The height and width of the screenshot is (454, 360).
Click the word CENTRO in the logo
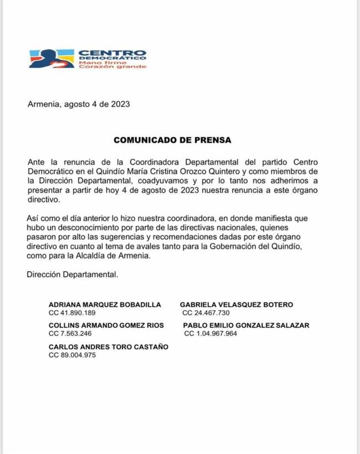click(x=112, y=53)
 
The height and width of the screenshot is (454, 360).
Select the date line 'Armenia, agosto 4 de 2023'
click(x=79, y=104)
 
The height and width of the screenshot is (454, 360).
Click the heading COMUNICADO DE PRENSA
click(x=172, y=140)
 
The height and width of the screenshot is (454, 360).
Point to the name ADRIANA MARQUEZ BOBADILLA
click(x=105, y=304)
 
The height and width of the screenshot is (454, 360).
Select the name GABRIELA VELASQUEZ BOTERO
click(x=236, y=304)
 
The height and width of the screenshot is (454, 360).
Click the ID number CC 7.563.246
click(x=70, y=334)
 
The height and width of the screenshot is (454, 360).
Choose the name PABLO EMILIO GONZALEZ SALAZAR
click(x=246, y=325)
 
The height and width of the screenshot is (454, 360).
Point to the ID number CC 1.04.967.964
click(x=210, y=334)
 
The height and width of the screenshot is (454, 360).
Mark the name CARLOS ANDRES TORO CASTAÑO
click(x=109, y=347)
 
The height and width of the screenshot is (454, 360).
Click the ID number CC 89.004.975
click(x=73, y=355)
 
